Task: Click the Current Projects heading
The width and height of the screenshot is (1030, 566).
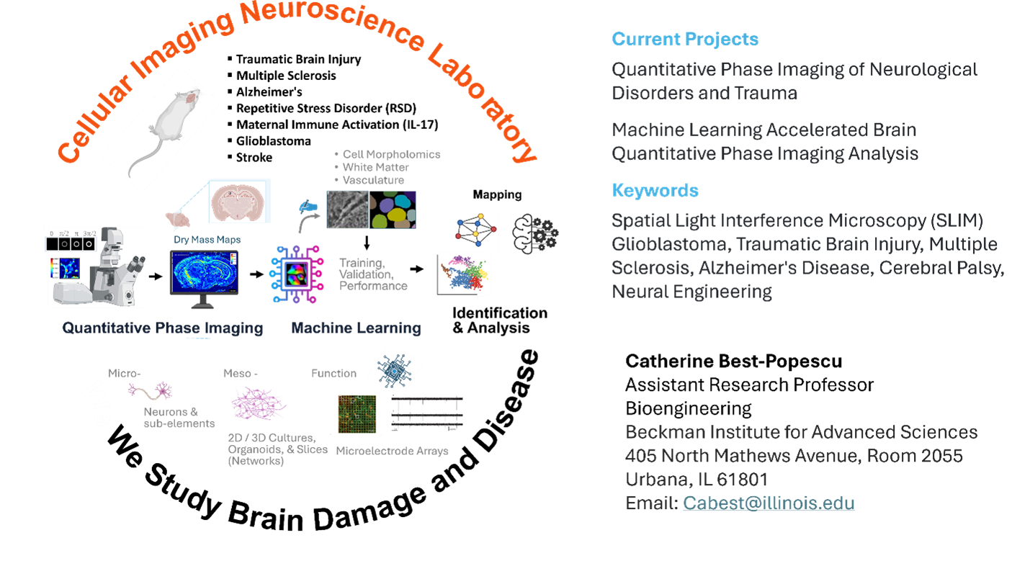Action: tap(685, 39)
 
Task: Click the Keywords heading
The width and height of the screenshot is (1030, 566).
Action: tap(655, 191)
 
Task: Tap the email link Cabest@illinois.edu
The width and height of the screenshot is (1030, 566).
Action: tap(769, 503)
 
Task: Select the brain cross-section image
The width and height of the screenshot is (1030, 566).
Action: tap(239, 200)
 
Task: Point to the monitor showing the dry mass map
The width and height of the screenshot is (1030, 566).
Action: tap(204, 278)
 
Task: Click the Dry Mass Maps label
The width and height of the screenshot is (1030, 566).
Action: tap(207, 239)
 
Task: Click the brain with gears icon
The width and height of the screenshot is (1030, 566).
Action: tap(536, 234)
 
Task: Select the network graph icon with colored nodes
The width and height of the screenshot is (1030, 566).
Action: tap(476, 230)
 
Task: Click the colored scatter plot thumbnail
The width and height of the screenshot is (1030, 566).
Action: tap(463, 274)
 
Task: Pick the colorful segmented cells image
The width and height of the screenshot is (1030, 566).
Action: tap(393, 210)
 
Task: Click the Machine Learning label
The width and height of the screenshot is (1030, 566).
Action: tap(356, 328)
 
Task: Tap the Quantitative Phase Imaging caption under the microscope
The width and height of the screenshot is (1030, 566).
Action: tap(162, 328)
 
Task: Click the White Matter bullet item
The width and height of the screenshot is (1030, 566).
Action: tap(375, 167)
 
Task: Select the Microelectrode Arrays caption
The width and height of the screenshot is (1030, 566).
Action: tap(392, 451)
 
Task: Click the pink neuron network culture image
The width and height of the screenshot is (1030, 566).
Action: tap(260, 403)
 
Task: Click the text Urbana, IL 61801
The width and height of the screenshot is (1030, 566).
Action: tap(697, 480)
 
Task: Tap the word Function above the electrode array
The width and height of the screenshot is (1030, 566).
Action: tap(333, 373)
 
